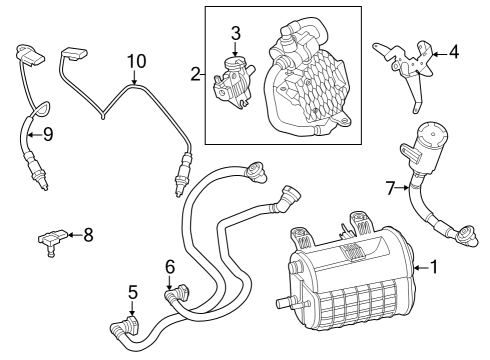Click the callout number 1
click(x=434, y=267)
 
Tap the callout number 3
click(x=235, y=33)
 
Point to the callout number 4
click(x=455, y=50)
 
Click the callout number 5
click(x=132, y=294)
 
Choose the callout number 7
click(x=391, y=186)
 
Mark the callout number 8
click(x=88, y=235)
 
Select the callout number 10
click(x=136, y=62)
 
